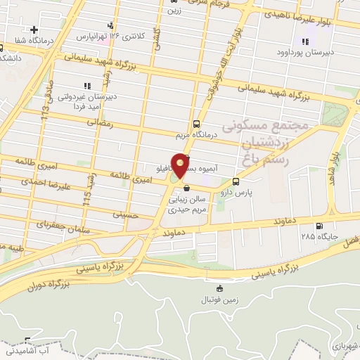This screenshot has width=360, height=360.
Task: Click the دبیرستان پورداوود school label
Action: [x=303, y=52]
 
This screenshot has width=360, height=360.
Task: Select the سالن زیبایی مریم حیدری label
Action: [x=198, y=206]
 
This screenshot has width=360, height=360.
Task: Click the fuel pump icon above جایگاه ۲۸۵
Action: [x=320, y=226]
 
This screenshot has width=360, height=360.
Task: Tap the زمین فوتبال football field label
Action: [x=220, y=298]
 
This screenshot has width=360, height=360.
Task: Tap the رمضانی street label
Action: [x=99, y=122]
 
